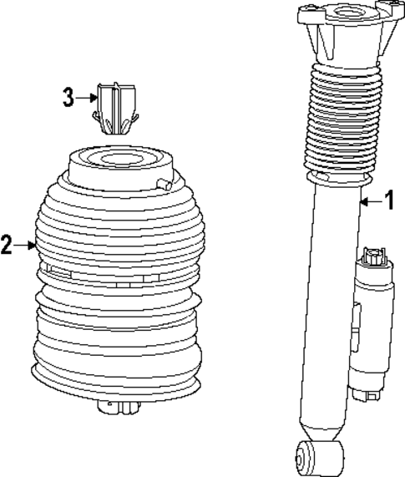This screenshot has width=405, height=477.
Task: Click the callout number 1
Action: pyautogui.click(x=387, y=200)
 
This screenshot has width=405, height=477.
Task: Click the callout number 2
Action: pyautogui.click(x=7, y=246)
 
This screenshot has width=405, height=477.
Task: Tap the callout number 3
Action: pyautogui.click(x=68, y=97)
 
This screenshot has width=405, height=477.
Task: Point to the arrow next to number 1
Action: pyautogui.click(x=370, y=200)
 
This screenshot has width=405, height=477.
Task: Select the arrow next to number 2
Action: pyautogui.click(x=24, y=246)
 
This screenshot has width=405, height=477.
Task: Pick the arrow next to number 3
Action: pyautogui.click(x=87, y=98)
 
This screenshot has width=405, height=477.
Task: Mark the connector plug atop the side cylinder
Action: pyautogui.click(x=372, y=257)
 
